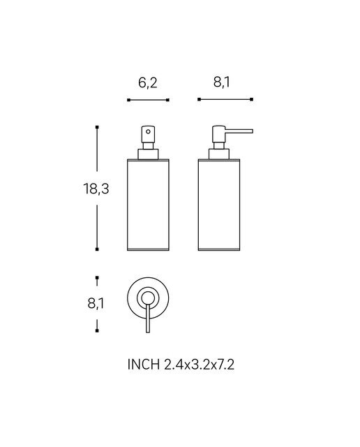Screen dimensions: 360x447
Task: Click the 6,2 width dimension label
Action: (148, 83)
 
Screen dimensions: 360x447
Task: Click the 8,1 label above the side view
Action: (222, 82)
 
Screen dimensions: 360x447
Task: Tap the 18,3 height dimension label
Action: (96, 189)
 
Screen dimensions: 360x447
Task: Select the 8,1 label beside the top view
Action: (96, 303)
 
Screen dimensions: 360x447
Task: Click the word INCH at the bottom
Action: (144, 365)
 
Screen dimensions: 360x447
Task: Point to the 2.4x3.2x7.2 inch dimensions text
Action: (199, 365)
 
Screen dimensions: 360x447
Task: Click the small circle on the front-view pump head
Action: (148, 131)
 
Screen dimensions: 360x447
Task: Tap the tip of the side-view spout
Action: (253, 131)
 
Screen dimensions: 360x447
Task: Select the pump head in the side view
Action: (219, 134)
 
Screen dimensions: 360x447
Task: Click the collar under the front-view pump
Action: (148, 154)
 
